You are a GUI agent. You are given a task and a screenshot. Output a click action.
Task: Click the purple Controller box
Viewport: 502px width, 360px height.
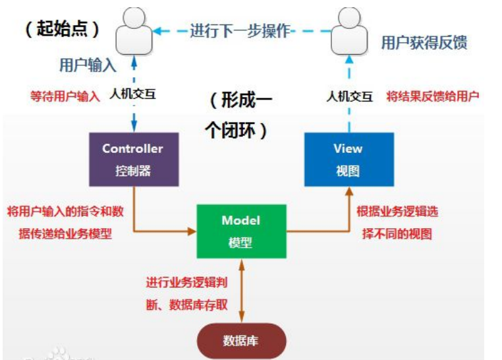(133, 159)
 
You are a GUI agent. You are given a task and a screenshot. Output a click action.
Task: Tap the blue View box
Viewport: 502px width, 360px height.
(349, 159)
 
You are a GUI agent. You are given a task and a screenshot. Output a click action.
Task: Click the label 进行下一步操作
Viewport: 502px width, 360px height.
(240, 30)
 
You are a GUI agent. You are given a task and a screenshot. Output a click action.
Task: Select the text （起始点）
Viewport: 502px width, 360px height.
(63, 29)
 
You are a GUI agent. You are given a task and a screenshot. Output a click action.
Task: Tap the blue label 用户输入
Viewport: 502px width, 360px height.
(88, 65)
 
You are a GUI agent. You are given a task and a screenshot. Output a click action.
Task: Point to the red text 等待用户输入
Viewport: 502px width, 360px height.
(65, 96)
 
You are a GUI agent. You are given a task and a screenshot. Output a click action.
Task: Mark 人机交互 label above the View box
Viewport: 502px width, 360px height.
(350, 96)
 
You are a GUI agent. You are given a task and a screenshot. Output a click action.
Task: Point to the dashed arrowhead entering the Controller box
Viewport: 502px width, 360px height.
(134, 127)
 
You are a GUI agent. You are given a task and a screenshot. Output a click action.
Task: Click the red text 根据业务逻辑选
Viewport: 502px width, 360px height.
(397, 212)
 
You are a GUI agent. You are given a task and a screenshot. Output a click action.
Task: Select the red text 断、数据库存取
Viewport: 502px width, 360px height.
(188, 305)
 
